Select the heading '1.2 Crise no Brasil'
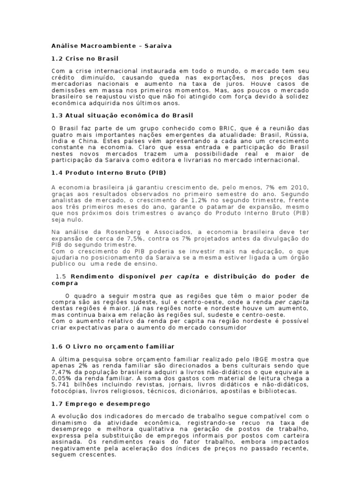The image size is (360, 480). click(84, 59)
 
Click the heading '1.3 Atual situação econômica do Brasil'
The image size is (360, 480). click(122, 115)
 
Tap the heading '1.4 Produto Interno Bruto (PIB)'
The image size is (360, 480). click(108, 173)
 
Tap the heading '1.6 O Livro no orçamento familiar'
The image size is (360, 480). click(112, 346)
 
